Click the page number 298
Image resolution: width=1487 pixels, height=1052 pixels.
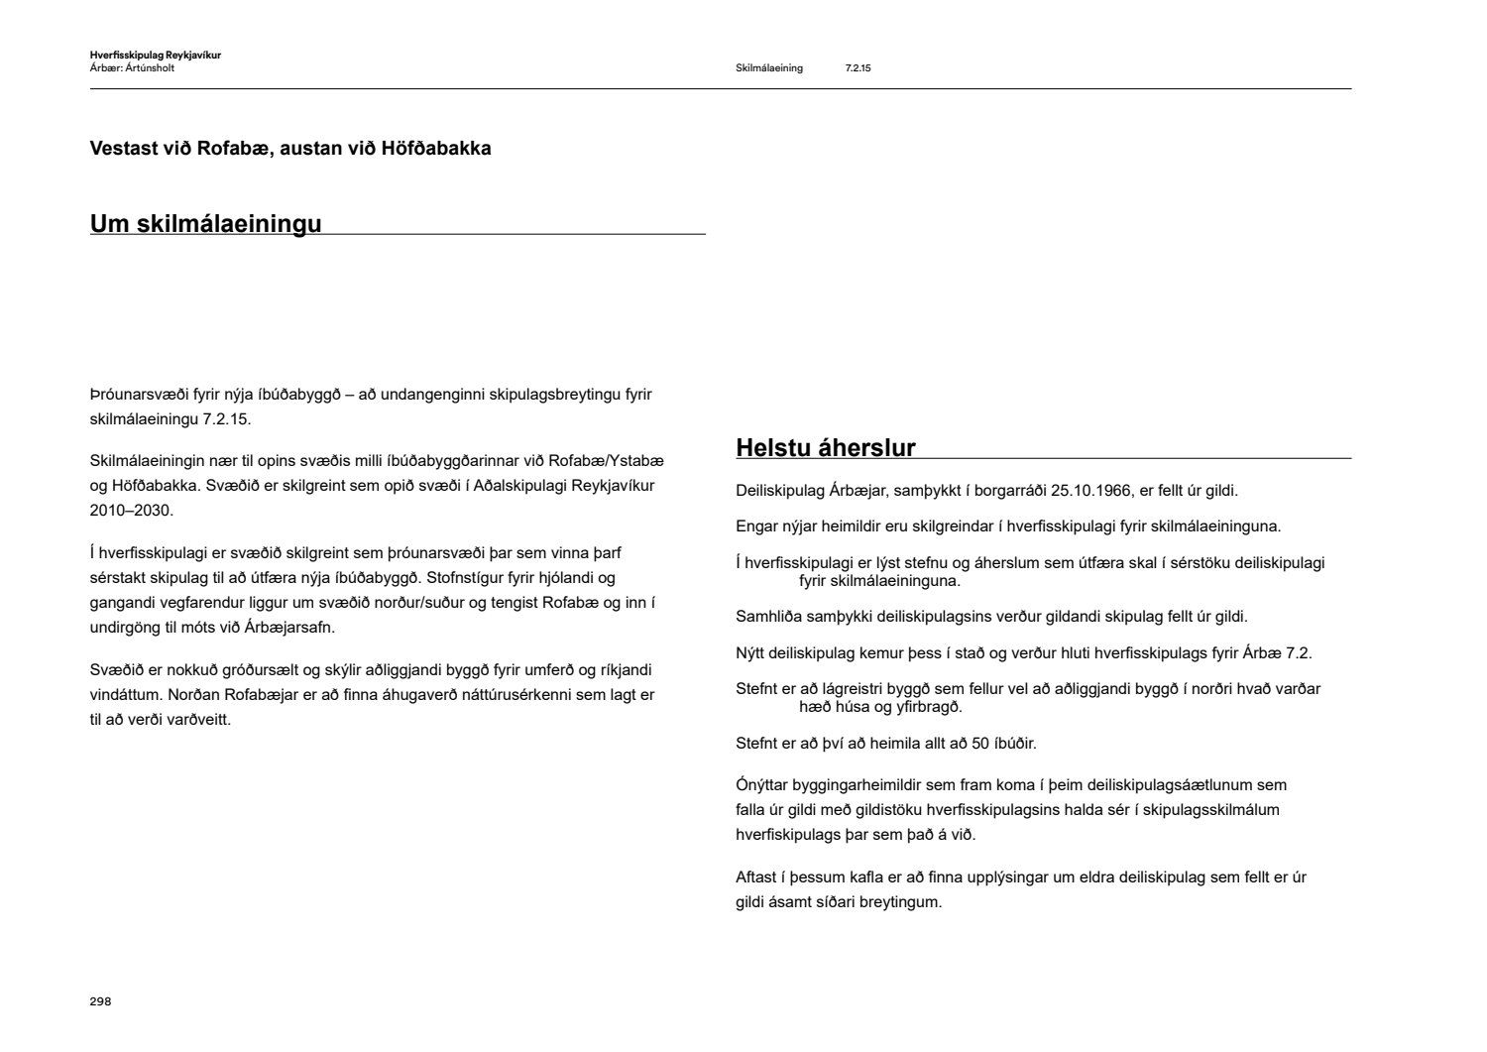(x=100, y=1001)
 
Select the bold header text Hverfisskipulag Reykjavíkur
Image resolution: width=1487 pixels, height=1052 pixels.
(x=155, y=56)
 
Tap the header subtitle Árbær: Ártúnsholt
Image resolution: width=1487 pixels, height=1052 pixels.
(x=132, y=68)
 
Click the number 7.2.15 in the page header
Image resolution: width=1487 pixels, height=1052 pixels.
(x=858, y=68)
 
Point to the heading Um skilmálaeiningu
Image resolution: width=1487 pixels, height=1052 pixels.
(x=205, y=224)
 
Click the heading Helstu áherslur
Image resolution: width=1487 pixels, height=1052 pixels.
(x=825, y=448)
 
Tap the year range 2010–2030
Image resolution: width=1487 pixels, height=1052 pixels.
(x=131, y=511)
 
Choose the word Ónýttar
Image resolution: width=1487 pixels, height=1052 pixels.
(x=762, y=785)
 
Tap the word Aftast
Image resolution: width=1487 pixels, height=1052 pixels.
(x=757, y=877)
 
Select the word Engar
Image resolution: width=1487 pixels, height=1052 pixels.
(x=757, y=526)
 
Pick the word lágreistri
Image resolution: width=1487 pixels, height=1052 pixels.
(x=847, y=689)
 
